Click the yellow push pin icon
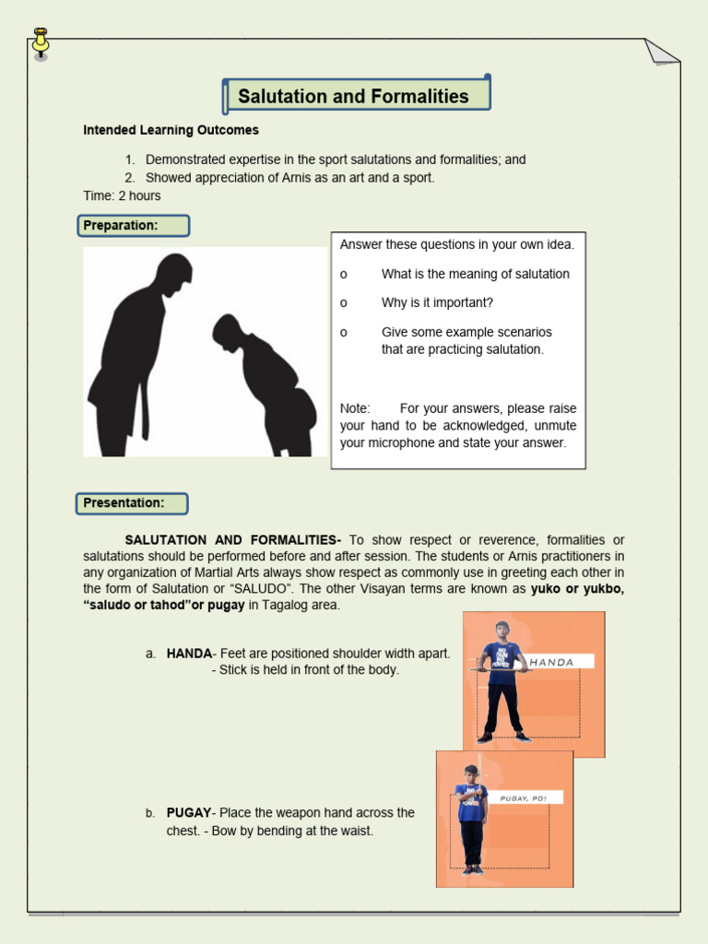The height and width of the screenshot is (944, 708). (41, 42)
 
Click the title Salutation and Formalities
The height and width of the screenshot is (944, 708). (353, 97)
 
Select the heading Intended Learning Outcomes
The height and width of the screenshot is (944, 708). (171, 130)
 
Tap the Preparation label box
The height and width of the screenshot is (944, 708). (133, 226)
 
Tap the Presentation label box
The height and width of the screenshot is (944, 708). (133, 503)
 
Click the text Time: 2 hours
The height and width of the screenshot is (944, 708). (122, 195)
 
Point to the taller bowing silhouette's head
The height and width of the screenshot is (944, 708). (174, 273)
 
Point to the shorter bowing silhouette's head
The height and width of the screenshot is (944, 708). (226, 330)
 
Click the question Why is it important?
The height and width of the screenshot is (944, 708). (437, 302)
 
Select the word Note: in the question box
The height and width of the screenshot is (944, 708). (355, 407)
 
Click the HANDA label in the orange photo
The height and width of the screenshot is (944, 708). (552, 662)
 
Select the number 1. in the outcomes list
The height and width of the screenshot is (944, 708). (130, 159)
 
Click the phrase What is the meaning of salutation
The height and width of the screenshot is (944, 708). (475, 274)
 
